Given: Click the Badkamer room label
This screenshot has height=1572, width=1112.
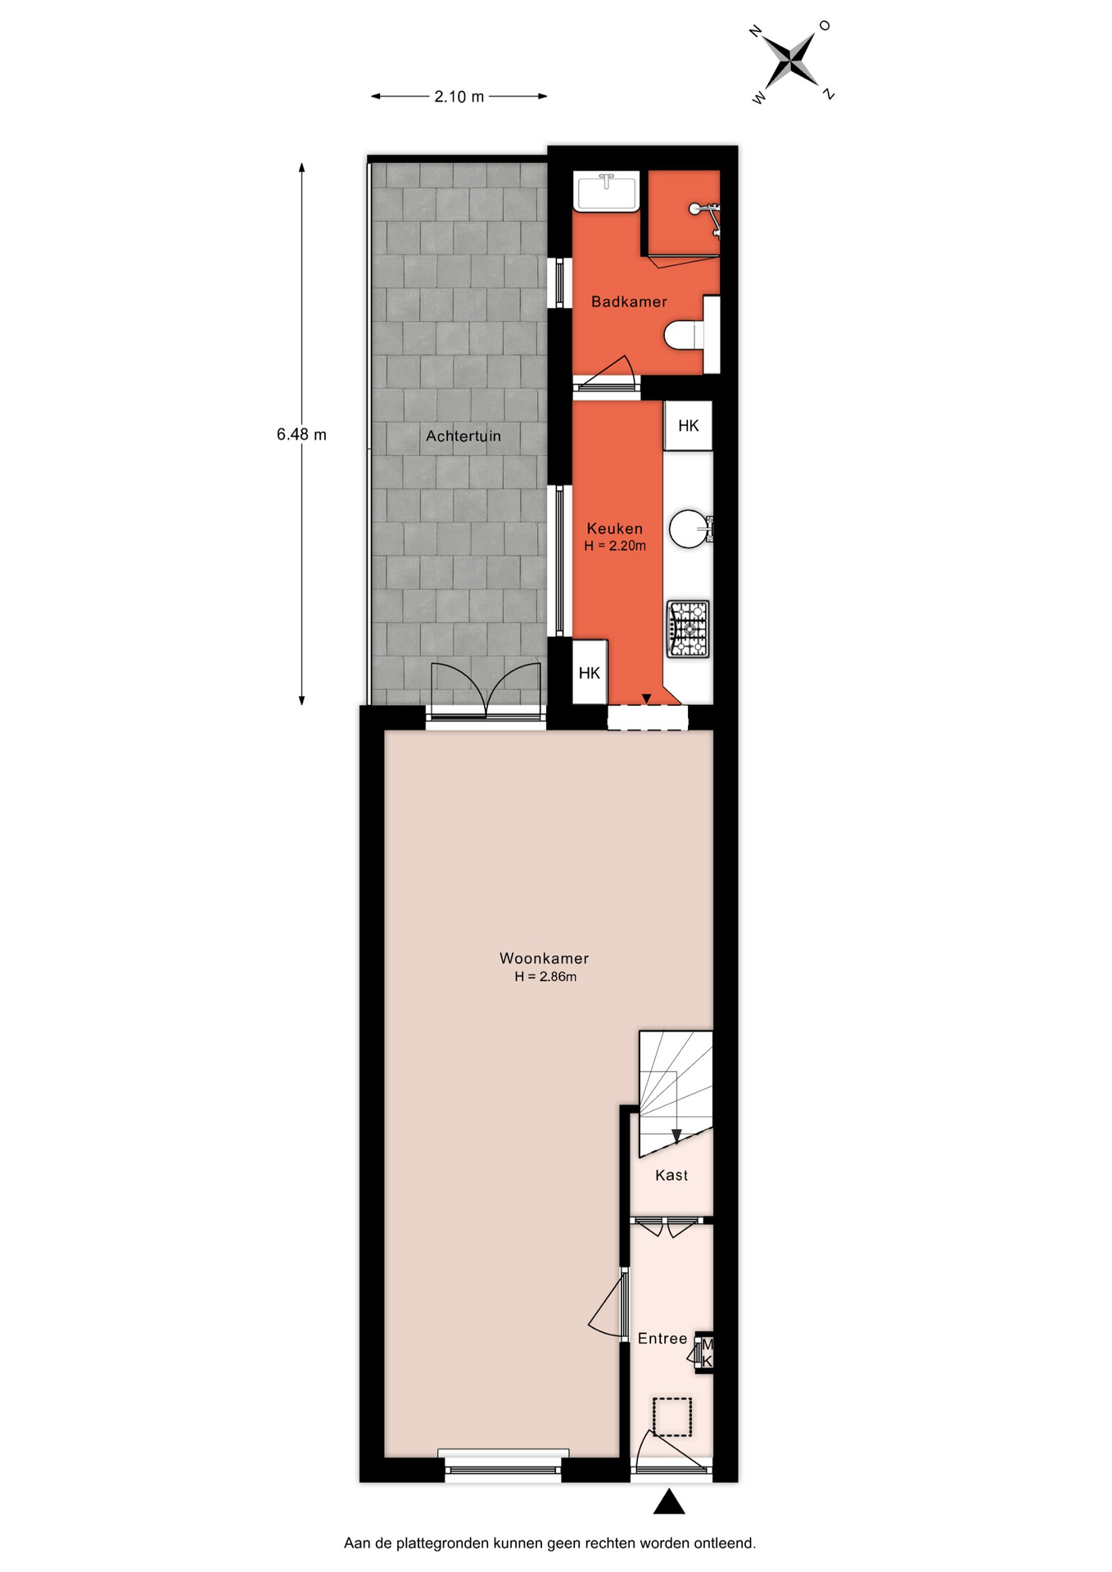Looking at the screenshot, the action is click(629, 302).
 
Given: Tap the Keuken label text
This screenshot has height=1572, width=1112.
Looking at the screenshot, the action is click(615, 529).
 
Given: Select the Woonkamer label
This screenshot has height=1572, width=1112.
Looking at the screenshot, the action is click(545, 958).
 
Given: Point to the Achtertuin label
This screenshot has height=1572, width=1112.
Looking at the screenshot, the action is click(463, 436).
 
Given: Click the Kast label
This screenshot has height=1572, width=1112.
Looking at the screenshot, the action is click(671, 1176).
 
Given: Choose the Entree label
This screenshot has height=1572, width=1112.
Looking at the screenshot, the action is click(662, 1339).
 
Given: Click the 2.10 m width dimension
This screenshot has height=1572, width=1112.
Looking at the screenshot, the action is click(459, 97).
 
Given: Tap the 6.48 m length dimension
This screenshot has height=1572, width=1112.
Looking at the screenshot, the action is click(301, 434).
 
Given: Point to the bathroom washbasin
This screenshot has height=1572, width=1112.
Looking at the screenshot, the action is click(606, 192).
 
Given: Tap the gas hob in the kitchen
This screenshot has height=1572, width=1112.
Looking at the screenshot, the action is click(688, 629).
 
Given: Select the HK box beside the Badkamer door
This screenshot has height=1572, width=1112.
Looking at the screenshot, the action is click(688, 426).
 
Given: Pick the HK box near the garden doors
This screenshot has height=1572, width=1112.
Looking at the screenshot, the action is click(590, 673).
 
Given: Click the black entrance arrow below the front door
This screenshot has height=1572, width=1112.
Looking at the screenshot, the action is click(669, 1501).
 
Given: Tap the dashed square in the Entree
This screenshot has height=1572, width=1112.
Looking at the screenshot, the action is click(672, 1417).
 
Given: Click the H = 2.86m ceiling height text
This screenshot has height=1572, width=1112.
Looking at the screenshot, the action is click(545, 977).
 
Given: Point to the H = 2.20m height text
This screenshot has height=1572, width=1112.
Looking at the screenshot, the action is click(615, 546).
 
